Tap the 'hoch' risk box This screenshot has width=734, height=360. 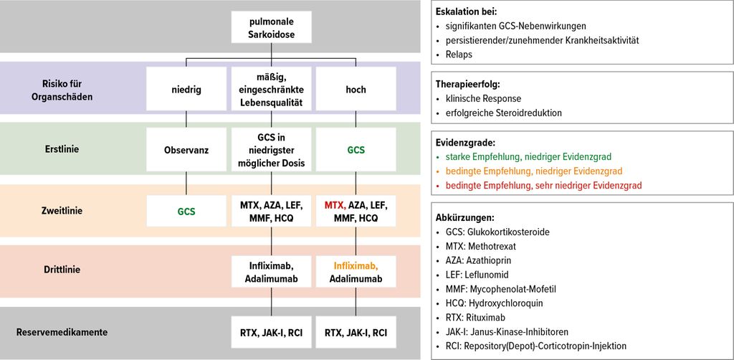[x=356, y=88]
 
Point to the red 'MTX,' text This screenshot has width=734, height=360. [x=335, y=205]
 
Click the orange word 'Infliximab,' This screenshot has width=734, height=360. [x=356, y=266]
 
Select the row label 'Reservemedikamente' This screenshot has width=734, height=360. [x=62, y=333]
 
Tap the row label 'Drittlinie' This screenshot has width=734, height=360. [x=62, y=270]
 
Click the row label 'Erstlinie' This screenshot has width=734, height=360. [x=62, y=150]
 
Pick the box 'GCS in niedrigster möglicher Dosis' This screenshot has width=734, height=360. [x=272, y=150]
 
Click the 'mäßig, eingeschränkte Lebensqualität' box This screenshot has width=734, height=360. [x=272, y=88]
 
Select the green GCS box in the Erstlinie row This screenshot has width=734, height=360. [x=356, y=150]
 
